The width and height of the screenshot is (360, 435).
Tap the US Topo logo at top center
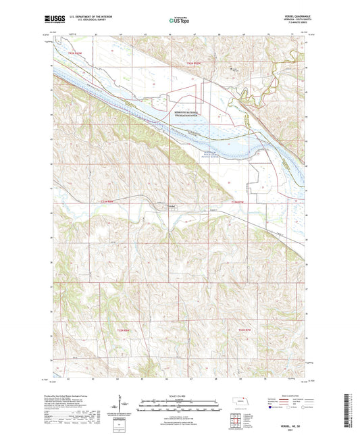[179, 21]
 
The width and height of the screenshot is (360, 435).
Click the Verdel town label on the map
[172, 206]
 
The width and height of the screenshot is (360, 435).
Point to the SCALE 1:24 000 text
[179, 394]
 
